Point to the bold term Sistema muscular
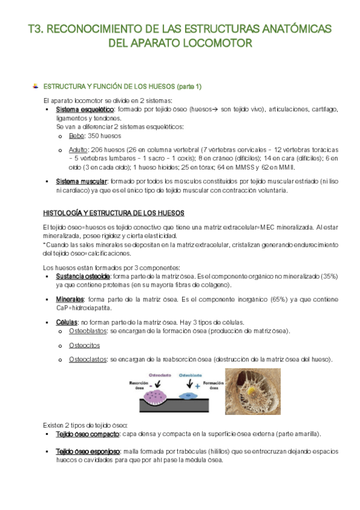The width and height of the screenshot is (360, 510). [81, 182]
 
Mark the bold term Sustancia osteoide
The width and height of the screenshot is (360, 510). [82, 276]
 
